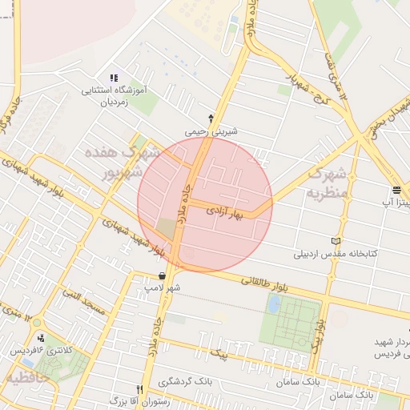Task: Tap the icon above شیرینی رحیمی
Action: click(x=211, y=117)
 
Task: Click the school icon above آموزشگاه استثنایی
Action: click(x=114, y=78)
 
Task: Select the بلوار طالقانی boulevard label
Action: click(x=262, y=281)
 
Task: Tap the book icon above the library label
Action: click(x=336, y=241)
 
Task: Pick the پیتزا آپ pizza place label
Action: click(x=396, y=203)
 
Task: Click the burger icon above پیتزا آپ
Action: click(x=396, y=190)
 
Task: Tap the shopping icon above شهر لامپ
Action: click(x=163, y=275)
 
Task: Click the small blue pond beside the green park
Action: click(x=274, y=303)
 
